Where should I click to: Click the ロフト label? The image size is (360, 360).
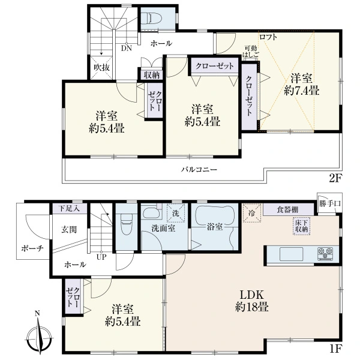tap(268, 37)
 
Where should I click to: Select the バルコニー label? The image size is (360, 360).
tap(199, 170)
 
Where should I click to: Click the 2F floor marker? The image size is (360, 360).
tap(335, 178)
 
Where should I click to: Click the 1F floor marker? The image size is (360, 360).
tap(335, 349)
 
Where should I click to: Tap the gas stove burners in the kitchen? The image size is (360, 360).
tap(325, 254)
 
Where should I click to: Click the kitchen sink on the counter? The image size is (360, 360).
tap(292, 254)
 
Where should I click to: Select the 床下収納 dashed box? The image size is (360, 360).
tap(301, 226)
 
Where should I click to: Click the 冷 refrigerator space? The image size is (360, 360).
tap(252, 213)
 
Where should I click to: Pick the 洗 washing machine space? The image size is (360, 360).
tap(176, 213)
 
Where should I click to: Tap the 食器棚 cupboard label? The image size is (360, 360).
tap(287, 209)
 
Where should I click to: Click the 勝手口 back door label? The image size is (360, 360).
tap(329, 203)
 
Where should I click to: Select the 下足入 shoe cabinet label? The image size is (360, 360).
tap(69, 209)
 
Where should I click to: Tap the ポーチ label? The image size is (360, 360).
tap(32, 248)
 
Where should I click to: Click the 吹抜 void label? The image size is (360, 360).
tap(101, 67)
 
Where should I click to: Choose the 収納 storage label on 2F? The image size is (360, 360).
tap(151, 76)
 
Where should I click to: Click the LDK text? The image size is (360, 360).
tap(251, 295)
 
